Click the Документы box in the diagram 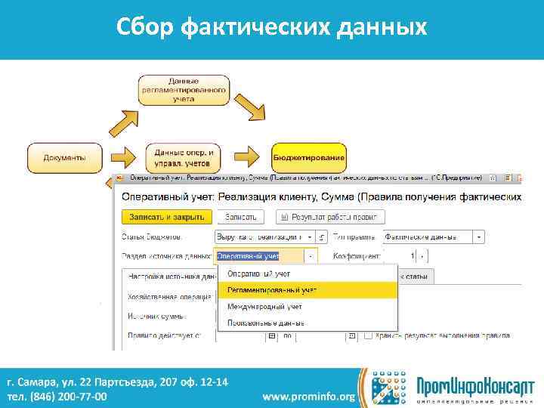(64, 158)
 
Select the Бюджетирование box (309, 158)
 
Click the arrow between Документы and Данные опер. (121, 158)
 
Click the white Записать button (239, 217)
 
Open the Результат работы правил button (327, 217)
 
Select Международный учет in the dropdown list (265, 307)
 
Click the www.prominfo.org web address (308, 396)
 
